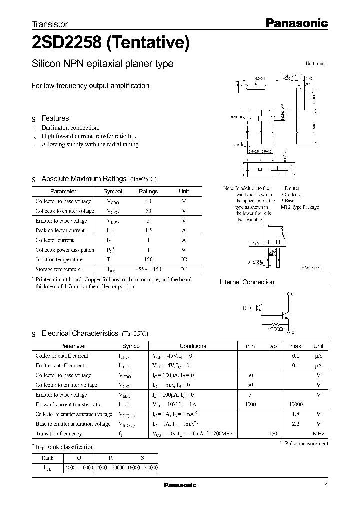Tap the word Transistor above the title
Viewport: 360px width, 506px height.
pos(50,24)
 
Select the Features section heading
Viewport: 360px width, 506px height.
pos(55,118)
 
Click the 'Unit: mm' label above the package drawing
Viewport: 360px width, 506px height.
pos(315,64)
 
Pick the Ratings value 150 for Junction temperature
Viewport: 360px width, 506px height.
pos(148,259)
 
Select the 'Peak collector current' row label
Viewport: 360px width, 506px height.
pos(60,230)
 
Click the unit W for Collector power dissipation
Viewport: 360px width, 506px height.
pos(184,250)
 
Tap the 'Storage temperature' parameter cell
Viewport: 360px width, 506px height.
pos(58,269)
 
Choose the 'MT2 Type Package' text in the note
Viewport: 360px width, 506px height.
pos(300,207)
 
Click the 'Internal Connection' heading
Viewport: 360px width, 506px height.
pos(247,282)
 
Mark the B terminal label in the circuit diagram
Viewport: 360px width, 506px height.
pos(244,308)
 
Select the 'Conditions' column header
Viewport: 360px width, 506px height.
pos(192,346)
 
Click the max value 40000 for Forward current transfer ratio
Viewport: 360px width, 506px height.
pos(295,404)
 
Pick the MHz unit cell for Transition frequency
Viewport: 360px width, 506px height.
pos(318,433)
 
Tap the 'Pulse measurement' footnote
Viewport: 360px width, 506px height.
pos(306,443)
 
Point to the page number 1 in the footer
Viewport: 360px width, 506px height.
pos(326,486)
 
